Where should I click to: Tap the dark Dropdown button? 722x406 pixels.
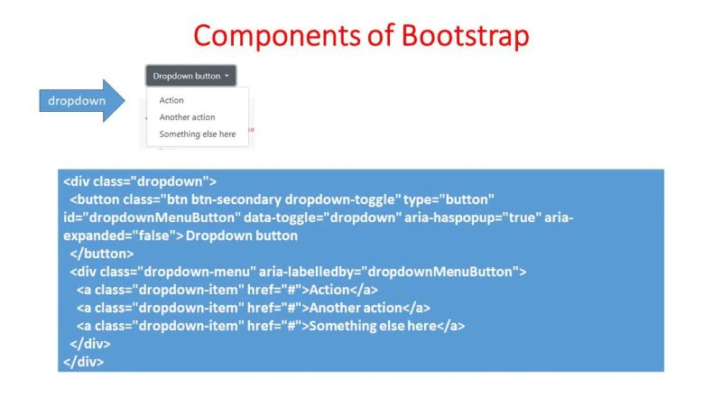coord(190,76)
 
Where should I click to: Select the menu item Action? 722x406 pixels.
coord(171,101)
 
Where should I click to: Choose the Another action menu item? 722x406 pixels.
coord(187,117)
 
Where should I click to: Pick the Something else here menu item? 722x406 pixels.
coord(197,134)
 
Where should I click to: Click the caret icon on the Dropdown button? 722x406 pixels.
coord(227,77)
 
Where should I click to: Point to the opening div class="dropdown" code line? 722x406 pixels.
coord(140,180)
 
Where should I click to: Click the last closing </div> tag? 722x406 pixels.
coord(84,362)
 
